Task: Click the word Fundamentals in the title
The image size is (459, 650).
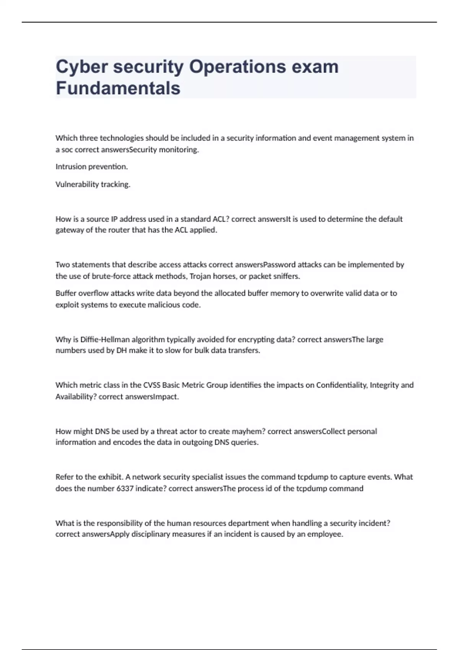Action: (118, 88)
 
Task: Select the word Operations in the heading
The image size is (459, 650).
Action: (238, 67)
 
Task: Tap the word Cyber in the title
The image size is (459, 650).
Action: (81, 67)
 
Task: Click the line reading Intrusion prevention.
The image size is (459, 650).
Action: (92, 167)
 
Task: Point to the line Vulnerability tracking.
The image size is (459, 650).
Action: (93, 184)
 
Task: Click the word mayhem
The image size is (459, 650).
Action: (249, 431)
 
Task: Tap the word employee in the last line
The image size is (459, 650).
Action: (327, 534)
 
